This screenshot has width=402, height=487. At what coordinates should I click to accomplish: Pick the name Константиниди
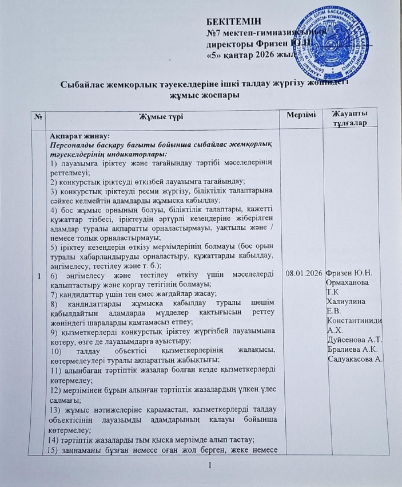(355, 321)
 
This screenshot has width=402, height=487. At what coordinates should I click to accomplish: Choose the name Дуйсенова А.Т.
(355, 341)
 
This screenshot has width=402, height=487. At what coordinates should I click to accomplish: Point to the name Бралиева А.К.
(353, 350)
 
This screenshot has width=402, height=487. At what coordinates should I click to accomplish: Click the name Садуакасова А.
(356, 360)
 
